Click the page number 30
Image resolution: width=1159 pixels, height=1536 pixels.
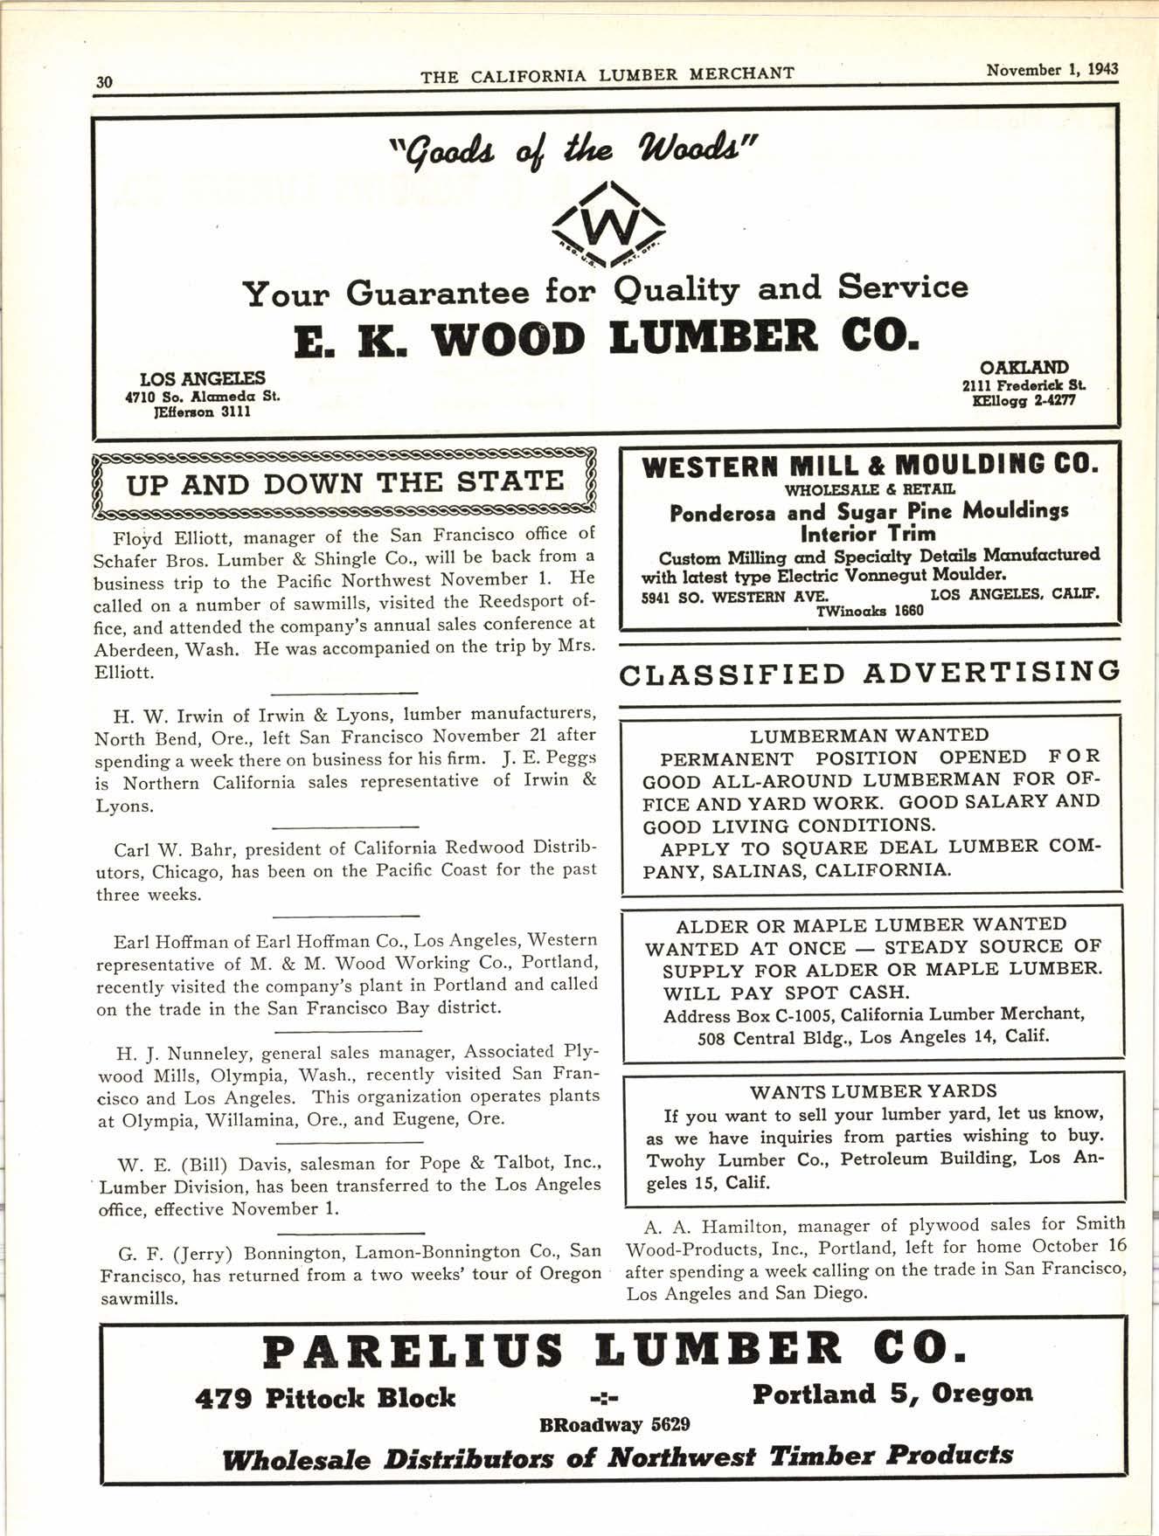tap(104, 82)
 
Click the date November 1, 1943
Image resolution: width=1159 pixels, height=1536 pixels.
tap(1051, 70)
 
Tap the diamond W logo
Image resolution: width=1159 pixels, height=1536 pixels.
tap(609, 228)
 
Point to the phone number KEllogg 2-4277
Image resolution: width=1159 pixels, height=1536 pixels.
tap(1023, 401)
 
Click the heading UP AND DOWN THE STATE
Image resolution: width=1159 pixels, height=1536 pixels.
tap(345, 482)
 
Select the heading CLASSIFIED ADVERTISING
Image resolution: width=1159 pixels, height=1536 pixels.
tap(869, 672)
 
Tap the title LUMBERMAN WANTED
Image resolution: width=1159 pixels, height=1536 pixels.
tap(869, 736)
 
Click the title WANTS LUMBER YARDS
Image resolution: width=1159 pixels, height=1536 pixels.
tap(872, 1091)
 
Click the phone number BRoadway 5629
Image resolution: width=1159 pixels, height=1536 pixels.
tap(614, 1424)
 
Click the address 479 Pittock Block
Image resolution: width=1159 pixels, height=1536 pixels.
tap(324, 1398)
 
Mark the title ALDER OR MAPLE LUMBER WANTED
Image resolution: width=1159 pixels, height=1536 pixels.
tap(871, 924)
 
